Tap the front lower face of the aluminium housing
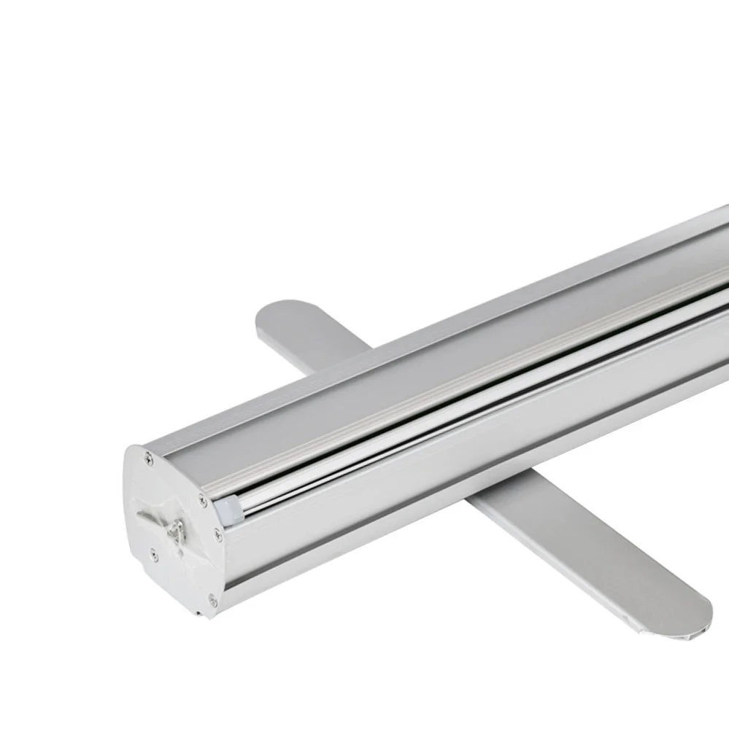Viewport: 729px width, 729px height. point(438,496)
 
